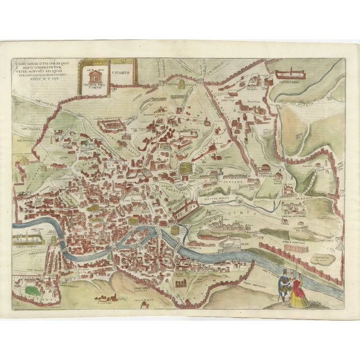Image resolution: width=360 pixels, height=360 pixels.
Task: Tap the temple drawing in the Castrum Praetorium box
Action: click(93, 74)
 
